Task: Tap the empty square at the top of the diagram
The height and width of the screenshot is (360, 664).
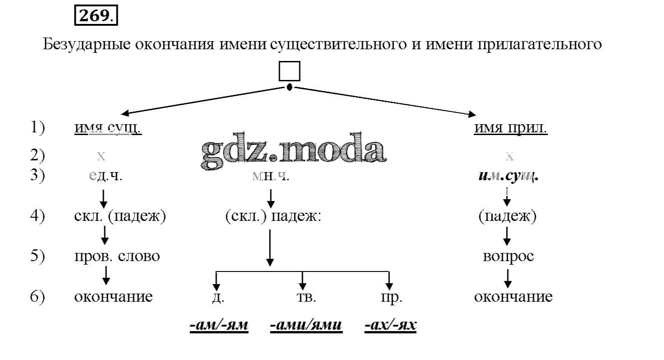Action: click(289, 71)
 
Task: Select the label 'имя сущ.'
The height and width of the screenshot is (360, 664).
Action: click(108, 128)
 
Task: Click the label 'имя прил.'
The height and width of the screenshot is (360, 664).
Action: click(511, 128)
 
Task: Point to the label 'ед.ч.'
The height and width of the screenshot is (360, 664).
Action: click(106, 176)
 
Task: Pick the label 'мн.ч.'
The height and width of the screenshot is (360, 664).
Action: click(271, 176)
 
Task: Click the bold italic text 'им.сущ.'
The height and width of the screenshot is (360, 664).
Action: click(509, 176)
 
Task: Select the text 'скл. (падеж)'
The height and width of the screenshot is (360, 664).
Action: click(120, 216)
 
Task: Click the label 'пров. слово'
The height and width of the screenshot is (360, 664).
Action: click(117, 257)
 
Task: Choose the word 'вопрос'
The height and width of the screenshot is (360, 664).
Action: click(508, 257)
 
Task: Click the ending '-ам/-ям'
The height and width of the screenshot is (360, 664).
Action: click(219, 326)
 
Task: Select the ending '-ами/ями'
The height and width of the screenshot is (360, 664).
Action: click(306, 326)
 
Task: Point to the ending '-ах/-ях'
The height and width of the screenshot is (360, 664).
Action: click(390, 326)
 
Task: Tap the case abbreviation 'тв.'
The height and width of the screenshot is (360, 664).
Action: click(306, 297)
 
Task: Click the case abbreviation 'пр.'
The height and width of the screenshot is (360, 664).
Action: click(391, 297)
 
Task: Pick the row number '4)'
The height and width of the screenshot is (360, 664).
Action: click(37, 216)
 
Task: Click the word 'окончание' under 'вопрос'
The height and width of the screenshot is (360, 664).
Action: click(513, 297)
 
